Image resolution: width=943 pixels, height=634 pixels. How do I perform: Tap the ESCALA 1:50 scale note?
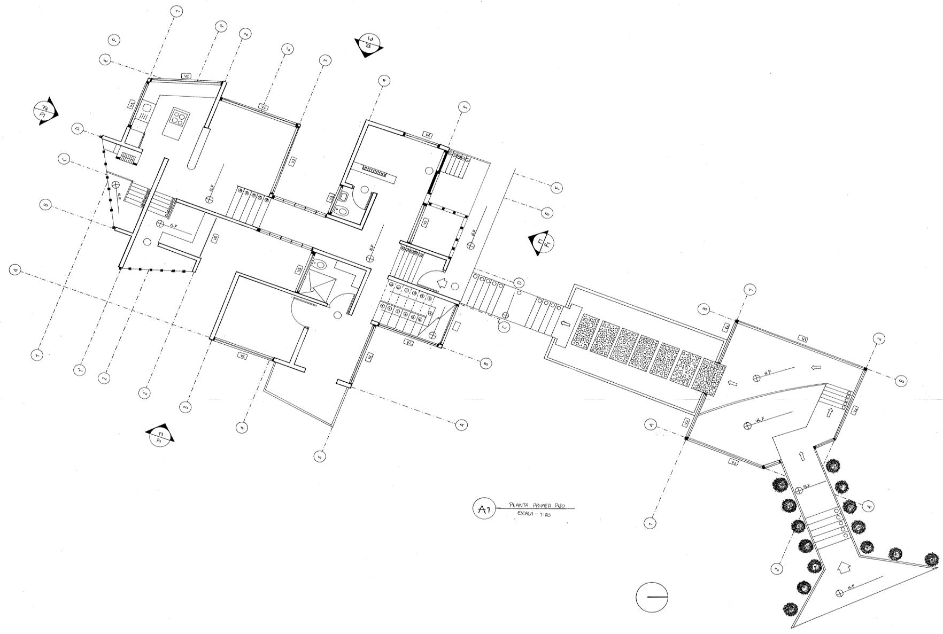coord(534,514)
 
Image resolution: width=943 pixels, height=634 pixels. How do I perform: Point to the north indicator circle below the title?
coord(652,597)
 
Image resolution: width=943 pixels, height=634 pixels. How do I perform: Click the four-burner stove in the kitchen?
coord(179,117)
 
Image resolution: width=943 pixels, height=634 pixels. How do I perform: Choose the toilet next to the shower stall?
coord(320,264)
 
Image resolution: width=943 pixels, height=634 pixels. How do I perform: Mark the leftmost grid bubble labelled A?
coord(16,270)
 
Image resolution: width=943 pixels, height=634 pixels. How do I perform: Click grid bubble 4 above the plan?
coord(383,81)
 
